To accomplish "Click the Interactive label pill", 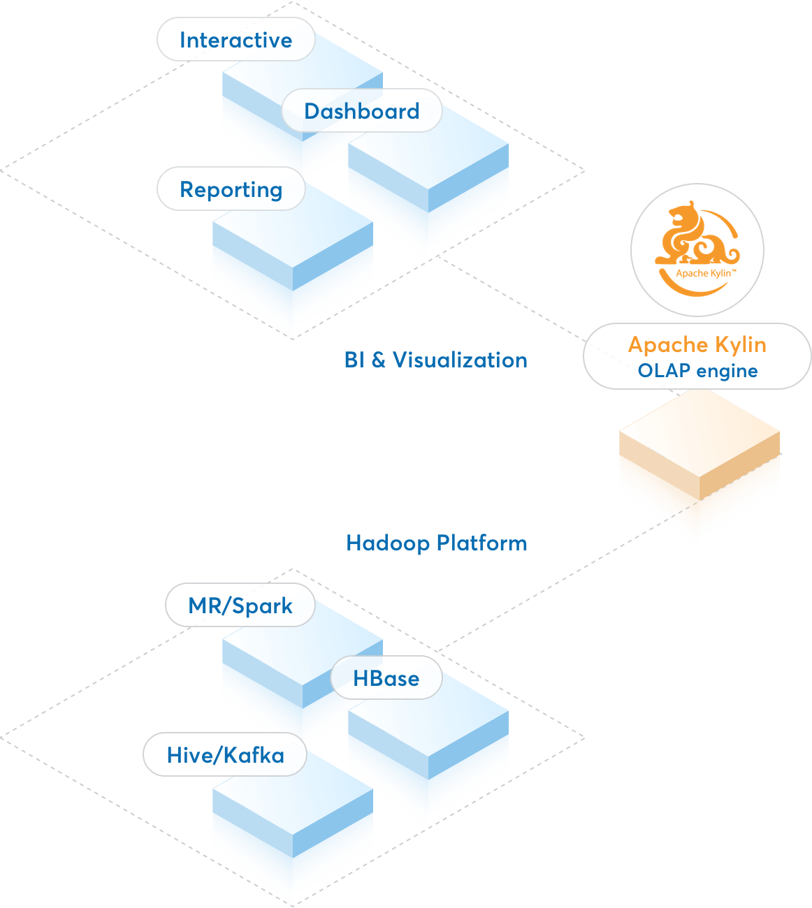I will [235, 40].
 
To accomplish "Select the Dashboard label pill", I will [362, 111].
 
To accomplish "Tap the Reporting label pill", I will [231, 189].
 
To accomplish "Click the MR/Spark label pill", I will [240, 606].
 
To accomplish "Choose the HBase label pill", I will [386, 678].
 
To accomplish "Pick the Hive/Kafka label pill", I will [225, 755].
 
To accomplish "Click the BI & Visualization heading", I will [435, 360].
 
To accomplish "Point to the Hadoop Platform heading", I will [437, 543].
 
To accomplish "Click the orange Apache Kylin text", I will [697, 344].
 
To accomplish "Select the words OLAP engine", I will [697, 371].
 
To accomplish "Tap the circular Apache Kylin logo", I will [697, 250].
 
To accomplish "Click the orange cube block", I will [699, 468].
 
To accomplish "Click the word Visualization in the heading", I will [460, 360].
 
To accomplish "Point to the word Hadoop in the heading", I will [388, 543].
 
